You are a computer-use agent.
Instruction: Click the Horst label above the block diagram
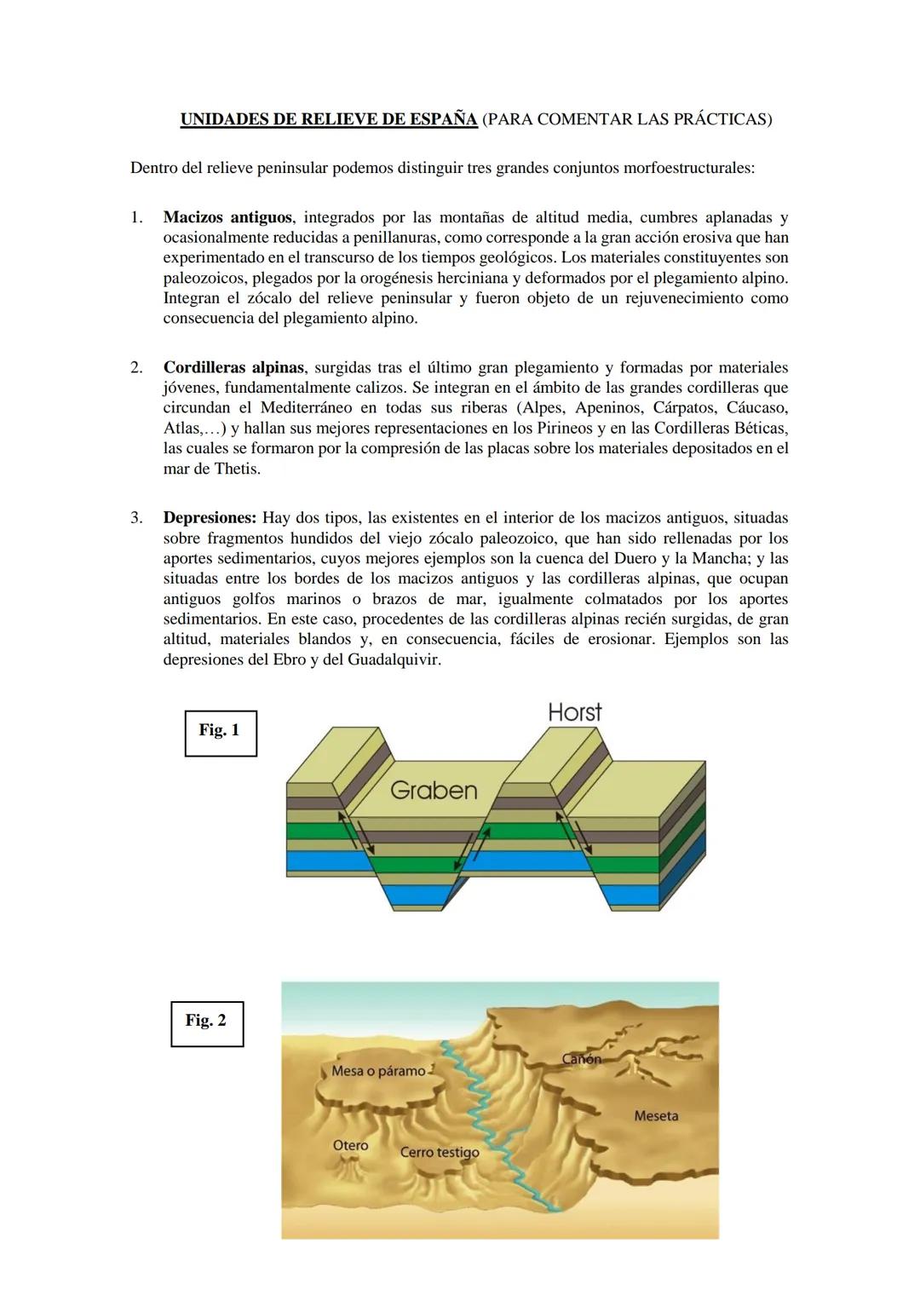tap(574, 712)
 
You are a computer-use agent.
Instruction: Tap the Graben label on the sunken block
tap(434, 791)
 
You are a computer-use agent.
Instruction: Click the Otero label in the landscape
tap(350, 1146)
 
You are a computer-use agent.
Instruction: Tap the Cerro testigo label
tap(440, 1153)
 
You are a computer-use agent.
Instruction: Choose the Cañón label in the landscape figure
tap(582, 1059)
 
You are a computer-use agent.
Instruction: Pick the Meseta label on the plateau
tap(656, 1116)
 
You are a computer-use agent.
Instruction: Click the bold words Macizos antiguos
tap(227, 218)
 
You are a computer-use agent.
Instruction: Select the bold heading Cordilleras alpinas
tap(233, 368)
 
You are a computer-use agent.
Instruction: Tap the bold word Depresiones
tap(210, 518)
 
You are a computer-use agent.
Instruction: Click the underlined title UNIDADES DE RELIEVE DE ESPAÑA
tap(329, 119)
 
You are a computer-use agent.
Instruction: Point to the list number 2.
tap(136, 368)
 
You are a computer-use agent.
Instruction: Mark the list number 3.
tap(136, 518)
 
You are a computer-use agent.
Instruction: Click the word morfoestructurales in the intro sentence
tap(688, 168)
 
